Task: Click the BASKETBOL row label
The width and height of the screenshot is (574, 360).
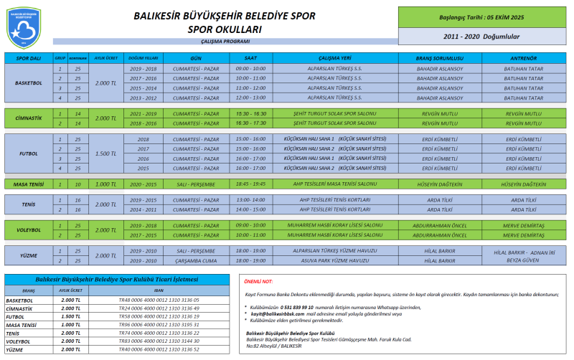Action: (x=29, y=82)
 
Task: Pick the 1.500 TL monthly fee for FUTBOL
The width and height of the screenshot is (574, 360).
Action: (x=105, y=153)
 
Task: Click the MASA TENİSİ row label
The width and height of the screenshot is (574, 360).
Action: (x=29, y=184)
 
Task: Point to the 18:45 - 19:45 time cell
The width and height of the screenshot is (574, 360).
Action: (x=250, y=184)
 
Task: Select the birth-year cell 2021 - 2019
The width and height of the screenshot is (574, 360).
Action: (x=143, y=113)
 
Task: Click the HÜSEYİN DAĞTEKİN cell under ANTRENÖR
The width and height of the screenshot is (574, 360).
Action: (x=522, y=184)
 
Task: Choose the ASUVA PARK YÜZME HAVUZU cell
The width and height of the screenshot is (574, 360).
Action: (x=331, y=261)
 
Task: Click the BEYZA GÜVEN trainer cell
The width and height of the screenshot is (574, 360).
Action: (x=522, y=261)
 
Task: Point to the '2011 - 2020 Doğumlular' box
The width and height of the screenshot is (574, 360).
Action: (x=481, y=35)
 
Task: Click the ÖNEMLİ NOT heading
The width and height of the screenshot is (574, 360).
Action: (x=259, y=282)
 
